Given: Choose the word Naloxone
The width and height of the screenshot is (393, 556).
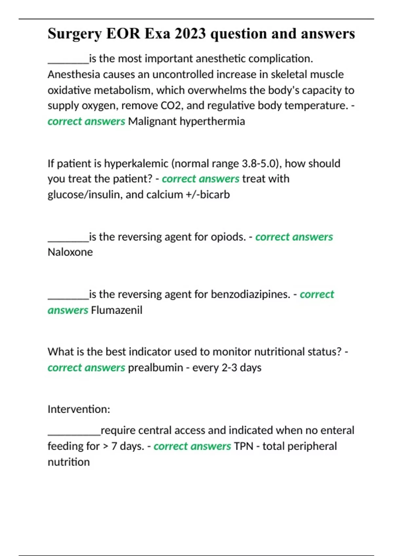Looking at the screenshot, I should [70, 252].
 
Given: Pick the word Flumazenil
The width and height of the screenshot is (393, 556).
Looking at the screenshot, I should [117, 310].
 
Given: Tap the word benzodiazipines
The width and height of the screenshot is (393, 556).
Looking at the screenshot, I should [250, 294].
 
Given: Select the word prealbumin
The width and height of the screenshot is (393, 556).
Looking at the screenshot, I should [156, 368].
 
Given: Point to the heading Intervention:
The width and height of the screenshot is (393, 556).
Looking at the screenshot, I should [79, 409].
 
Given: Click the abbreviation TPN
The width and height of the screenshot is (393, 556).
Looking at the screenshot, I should [244, 446].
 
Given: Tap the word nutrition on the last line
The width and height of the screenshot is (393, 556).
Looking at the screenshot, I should [69, 462].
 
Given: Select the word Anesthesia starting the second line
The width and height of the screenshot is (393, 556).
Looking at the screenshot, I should [74, 75].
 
